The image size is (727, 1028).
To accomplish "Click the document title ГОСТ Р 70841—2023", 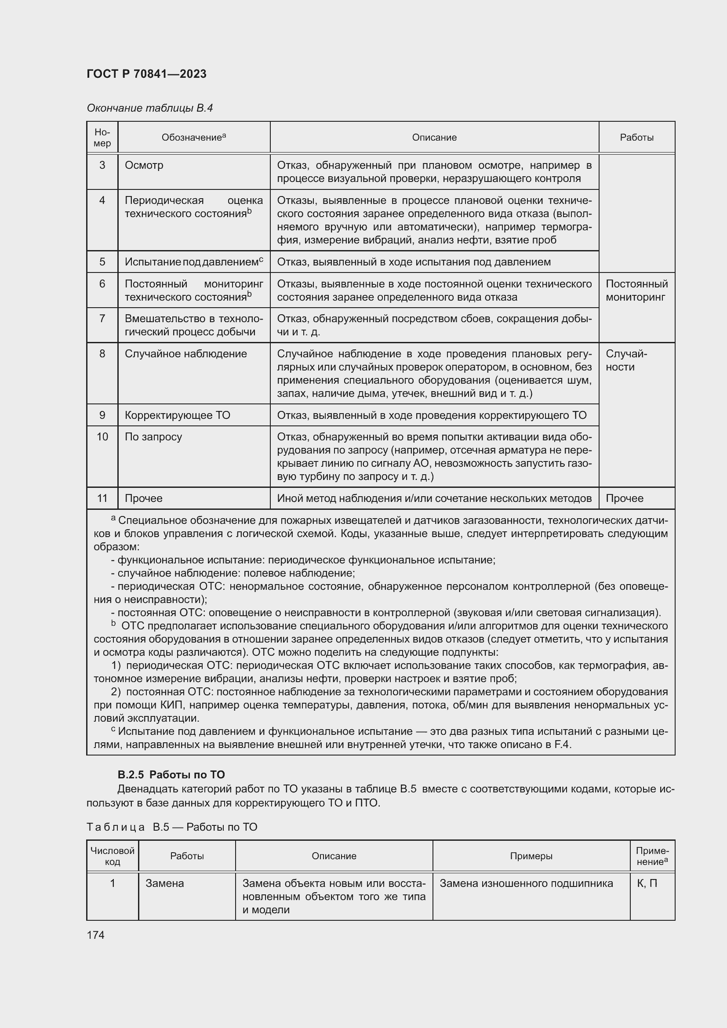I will (x=146, y=74).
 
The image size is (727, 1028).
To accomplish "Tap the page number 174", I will (x=95, y=935).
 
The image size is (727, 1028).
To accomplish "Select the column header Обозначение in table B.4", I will (x=193, y=138).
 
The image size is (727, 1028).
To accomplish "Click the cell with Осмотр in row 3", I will (x=144, y=165).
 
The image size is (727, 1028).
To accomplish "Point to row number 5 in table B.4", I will (x=102, y=262).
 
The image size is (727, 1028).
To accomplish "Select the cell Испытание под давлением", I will (x=193, y=262).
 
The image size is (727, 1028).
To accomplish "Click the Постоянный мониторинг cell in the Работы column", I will (x=636, y=291).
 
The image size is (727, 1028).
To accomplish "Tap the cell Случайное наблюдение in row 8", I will (x=186, y=354).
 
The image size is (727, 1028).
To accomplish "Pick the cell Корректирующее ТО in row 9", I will (x=177, y=415).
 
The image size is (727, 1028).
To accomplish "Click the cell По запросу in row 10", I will (x=153, y=436).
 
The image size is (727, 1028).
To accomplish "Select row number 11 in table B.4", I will (x=102, y=498).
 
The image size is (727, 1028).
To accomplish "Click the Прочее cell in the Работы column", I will (x=625, y=498).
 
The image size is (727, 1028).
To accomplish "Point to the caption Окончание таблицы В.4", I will (x=149, y=108).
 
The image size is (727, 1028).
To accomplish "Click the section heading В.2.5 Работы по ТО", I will (x=171, y=774).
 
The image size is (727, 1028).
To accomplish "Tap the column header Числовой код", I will (x=113, y=856).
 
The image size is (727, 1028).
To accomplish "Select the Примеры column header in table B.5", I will (x=531, y=856).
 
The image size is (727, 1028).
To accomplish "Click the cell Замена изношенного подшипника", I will (x=526, y=883).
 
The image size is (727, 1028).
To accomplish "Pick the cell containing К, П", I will (x=647, y=883).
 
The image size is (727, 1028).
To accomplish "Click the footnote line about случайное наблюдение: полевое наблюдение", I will (x=233, y=573).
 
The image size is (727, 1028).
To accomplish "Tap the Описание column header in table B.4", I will (x=434, y=138).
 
